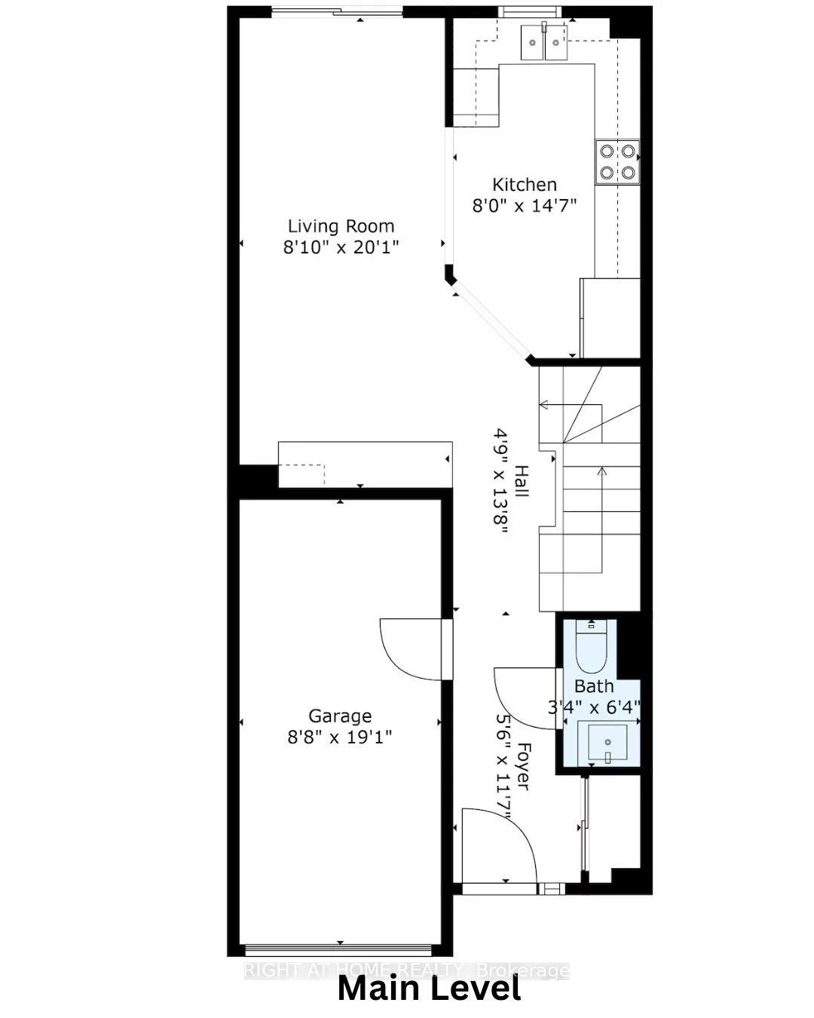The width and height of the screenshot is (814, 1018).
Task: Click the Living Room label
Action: [341, 226]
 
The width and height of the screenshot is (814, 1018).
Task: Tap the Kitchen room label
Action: [525, 185]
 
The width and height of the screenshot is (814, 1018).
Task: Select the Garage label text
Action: [340, 716]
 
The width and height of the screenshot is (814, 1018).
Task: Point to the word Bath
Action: [594, 686]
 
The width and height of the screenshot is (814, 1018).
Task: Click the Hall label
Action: [521, 481]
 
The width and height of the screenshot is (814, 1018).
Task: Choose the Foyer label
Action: [522, 768]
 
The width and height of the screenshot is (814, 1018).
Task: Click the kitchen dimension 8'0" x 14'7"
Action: [525, 205]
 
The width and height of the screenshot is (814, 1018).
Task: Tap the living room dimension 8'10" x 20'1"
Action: [341, 247]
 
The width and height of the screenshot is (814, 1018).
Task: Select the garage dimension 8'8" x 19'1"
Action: [340, 736]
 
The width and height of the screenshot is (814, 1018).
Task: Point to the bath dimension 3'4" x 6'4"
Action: [594, 707]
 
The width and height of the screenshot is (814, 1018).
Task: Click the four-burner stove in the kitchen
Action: [617, 161]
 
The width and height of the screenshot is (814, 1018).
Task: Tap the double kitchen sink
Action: [544, 41]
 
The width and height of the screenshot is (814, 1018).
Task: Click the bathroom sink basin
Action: [606, 742]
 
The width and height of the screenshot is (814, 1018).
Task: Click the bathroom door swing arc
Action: [524, 698]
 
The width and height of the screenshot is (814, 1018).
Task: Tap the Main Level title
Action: [429, 989]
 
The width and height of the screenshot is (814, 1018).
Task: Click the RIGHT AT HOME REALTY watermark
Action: [407, 970]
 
